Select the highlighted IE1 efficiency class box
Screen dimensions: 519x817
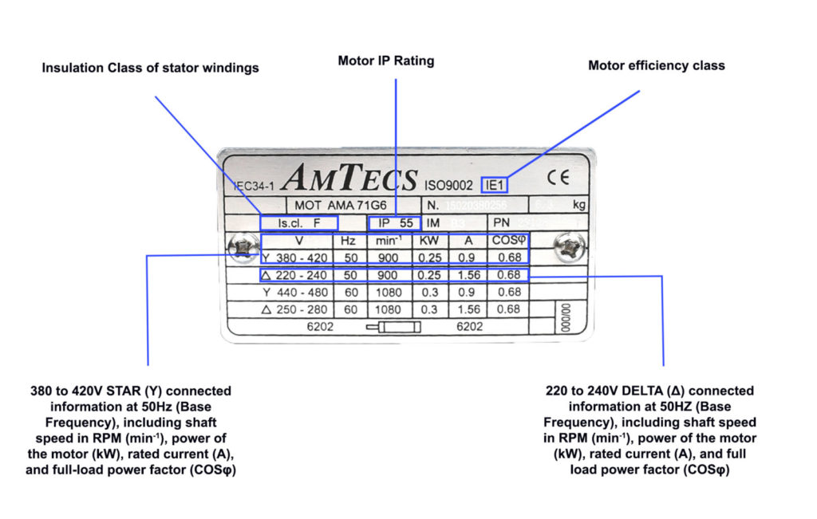pyautogui.click(x=495, y=185)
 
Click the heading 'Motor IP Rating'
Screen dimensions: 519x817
pyautogui.click(x=386, y=61)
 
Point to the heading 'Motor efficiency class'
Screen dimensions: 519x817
pyautogui.click(x=656, y=65)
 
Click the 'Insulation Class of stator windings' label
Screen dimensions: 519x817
pyautogui.click(x=150, y=68)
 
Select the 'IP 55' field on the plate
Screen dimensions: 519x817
pyautogui.click(x=394, y=223)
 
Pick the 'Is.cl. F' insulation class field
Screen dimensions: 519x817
pyautogui.click(x=298, y=223)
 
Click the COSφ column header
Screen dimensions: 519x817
pyautogui.click(x=508, y=241)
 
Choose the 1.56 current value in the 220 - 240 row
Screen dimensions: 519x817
pyautogui.click(x=468, y=275)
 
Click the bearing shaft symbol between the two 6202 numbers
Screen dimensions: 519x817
pyautogui.click(x=393, y=326)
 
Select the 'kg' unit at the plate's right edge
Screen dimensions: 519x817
pyautogui.click(x=578, y=205)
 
